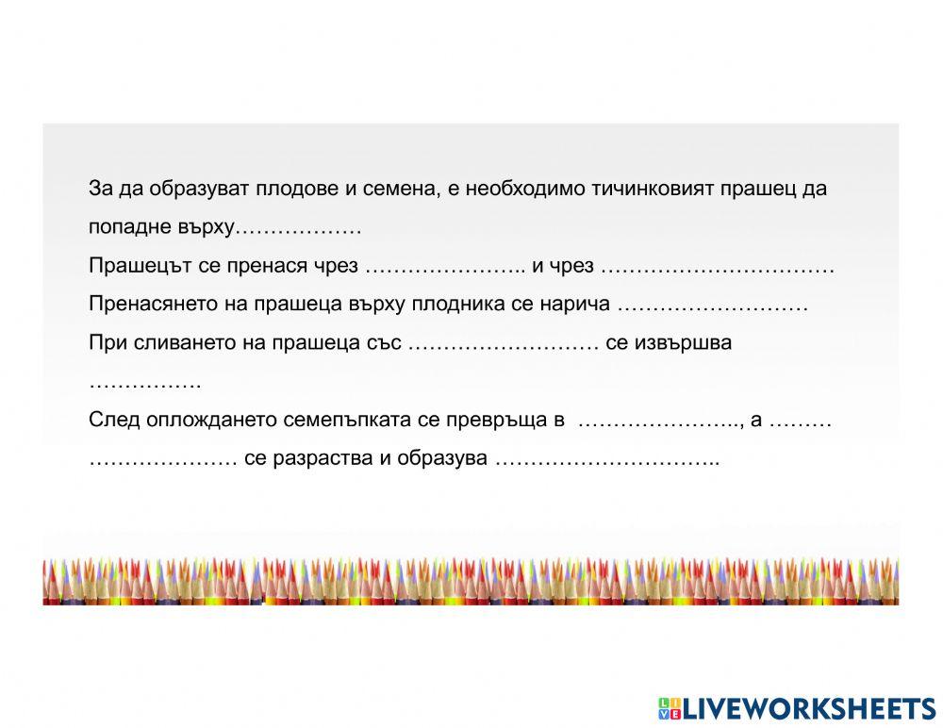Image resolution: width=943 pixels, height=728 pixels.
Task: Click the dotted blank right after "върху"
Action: [x=298, y=228]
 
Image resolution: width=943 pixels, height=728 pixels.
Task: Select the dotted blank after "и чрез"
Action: [x=717, y=267]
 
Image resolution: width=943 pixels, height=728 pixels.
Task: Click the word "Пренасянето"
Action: [x=151, y=305]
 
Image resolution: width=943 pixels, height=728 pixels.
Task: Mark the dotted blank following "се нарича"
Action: [x=713, y=306]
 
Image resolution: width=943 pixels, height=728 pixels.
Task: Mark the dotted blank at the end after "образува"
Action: [x=607, y=459]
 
